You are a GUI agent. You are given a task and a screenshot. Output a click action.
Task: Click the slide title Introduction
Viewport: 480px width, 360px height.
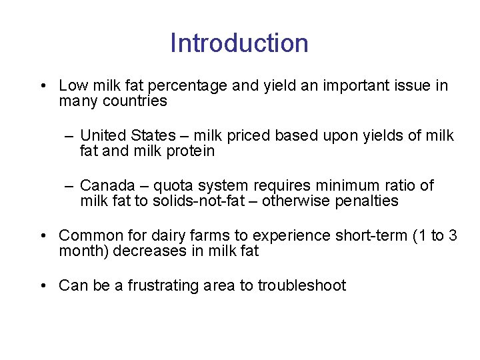tap(239, 43)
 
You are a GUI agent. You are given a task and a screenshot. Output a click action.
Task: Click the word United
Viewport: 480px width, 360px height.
tap(103, 136)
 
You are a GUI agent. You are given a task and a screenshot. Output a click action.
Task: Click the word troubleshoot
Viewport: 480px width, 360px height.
tap(302, 286)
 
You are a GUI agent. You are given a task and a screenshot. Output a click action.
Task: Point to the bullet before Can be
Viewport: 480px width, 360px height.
tap(42, 287)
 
